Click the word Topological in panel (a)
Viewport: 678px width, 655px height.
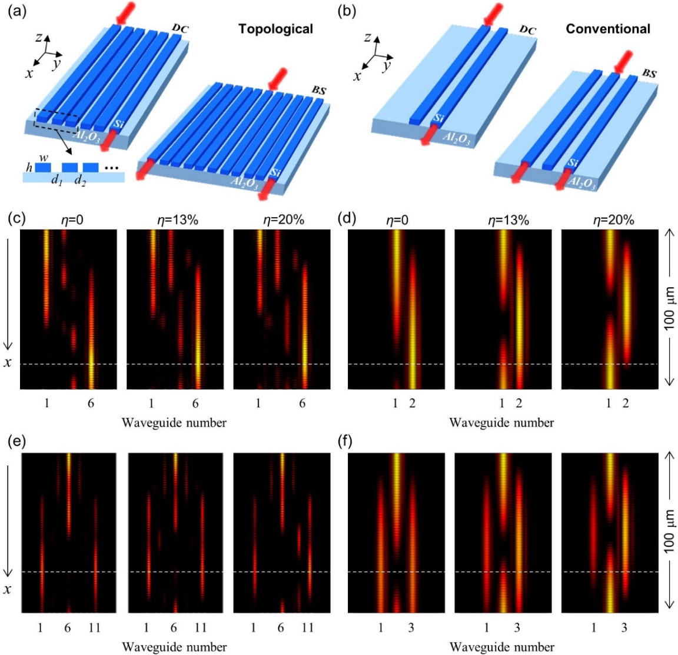click(x=275, y=29)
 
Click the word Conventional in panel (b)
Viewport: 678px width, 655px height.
click(x=608, y=28)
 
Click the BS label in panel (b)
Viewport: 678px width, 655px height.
click(x=649, y=74)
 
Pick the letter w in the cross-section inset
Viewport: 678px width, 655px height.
click(x=43, y=157)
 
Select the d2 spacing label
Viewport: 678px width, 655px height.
click(x=80, y=181)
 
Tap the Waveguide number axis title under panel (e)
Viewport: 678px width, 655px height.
click(x=174, y=647)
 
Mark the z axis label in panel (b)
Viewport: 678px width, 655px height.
click(x=367, y=38)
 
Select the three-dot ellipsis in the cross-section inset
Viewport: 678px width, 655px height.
click(x=111, y=168)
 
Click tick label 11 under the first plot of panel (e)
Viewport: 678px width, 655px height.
click(x=94, y=628)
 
